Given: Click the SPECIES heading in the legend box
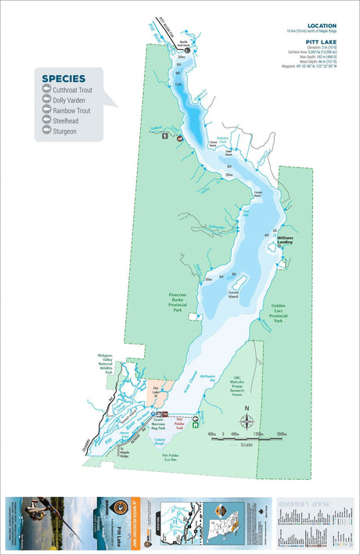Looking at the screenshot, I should point(63,78).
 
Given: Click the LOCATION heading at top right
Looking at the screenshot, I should point(322,25).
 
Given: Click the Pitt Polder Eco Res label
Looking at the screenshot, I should point(175,456).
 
